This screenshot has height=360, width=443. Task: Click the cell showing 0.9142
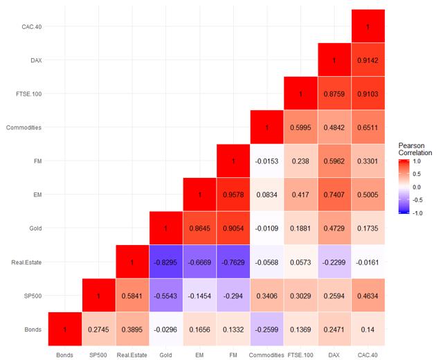pyautogui.click(x=368, y=60)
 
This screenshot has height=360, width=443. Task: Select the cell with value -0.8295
pyautogui.click(x=166, y=262)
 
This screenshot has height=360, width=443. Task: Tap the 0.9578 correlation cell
pyautogui.click(x=233, y=195)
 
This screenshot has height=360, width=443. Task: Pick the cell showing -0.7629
pyautogui.click(x=233, y=262)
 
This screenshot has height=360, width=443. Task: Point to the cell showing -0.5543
pyautogui.click(x=166, y=296)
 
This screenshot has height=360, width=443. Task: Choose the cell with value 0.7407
pyautogui.click(x=334, y=195)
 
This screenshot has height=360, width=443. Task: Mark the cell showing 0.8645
pyautogui.click(x=200, y=229)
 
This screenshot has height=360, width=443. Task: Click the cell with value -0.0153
pyautogui.click(x=267, y=161)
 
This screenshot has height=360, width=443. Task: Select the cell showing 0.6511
pyautogui.click(x=368, y=128)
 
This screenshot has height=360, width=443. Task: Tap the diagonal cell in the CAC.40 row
pyautogui.click(x=368, y=26)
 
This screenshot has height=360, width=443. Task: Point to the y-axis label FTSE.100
pyautogui.click(x=28, y=94)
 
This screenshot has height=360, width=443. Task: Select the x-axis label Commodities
pyautogui.click(x=267, y=354)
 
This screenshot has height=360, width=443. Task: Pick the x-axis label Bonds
pyautogui.click(x=65, y=354)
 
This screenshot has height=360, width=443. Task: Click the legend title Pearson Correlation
pyautogui.click(x=415, y=147)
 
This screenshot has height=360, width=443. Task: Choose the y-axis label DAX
pyautogui.click(x=35, y=60)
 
